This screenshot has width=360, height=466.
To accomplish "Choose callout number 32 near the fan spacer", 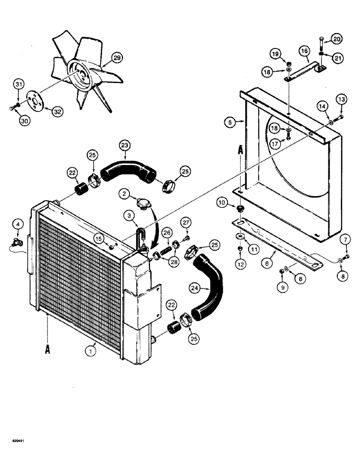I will pos(58,111).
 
